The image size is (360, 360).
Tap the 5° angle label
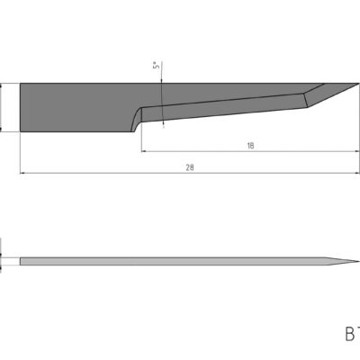click(x=155, y=67)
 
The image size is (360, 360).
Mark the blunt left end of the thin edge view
click(x=21, y=262)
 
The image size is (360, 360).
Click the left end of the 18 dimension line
click(x=142, y=151)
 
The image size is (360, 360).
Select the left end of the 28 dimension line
click(x=20, y=173)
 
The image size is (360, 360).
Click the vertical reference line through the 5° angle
click(x=162, y=99)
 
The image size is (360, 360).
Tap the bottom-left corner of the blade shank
click(x=21, y=132)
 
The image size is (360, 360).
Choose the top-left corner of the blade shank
click(x=21, y=84)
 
